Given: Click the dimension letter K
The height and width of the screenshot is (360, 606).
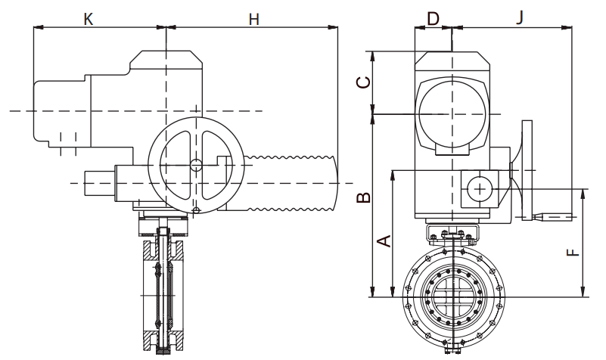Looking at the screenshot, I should (x=88, y=19).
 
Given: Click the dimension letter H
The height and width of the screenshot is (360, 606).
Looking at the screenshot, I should (x=254, y=19).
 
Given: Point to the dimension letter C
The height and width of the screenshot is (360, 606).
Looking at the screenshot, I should (x=364, y=82).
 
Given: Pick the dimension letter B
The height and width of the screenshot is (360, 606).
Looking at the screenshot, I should (x=364, y=198).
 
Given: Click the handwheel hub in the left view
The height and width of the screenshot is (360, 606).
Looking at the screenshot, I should (x=196, y=166).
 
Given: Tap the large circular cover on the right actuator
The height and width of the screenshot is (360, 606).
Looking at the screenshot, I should (x=451, y=113).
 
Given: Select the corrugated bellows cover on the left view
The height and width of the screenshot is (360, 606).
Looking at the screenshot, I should (x=291, y=182).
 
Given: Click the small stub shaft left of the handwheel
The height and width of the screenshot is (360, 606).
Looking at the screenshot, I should (x=98, y=183).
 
